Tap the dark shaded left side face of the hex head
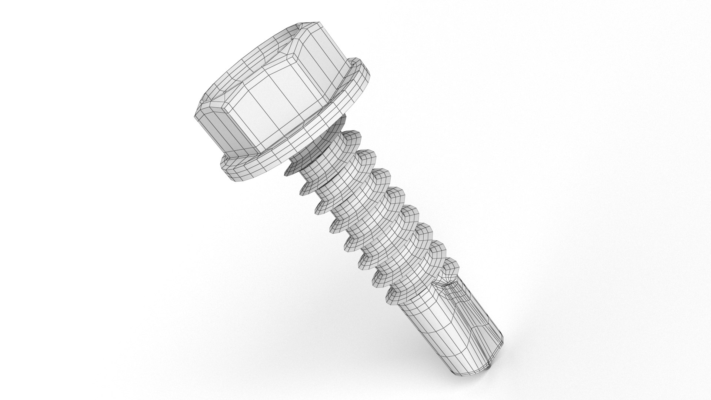tap(217, 133)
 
